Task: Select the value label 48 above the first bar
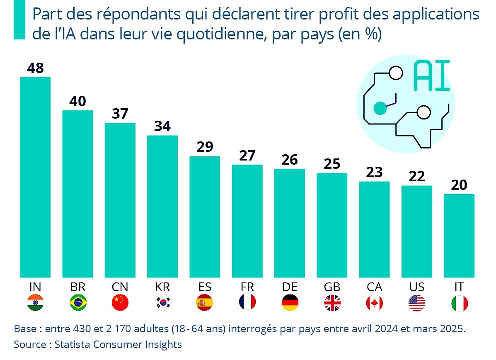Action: tap(35, 68)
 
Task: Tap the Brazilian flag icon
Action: tap(78, 303)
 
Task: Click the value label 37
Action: tap(120, 114)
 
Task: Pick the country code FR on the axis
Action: tap(247, 287)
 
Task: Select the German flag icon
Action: tap(290, 303)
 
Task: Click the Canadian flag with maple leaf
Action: tap(374, 303)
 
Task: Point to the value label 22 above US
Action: tap(417, 176)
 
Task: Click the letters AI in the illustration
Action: tap(431, 76)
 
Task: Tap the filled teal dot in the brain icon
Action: tap(380, 108)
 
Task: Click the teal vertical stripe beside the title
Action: tap(20, 20)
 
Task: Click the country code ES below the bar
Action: tap(205, 287)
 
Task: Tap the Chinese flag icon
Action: tap(120, 303)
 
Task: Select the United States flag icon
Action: tap(417, 303)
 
